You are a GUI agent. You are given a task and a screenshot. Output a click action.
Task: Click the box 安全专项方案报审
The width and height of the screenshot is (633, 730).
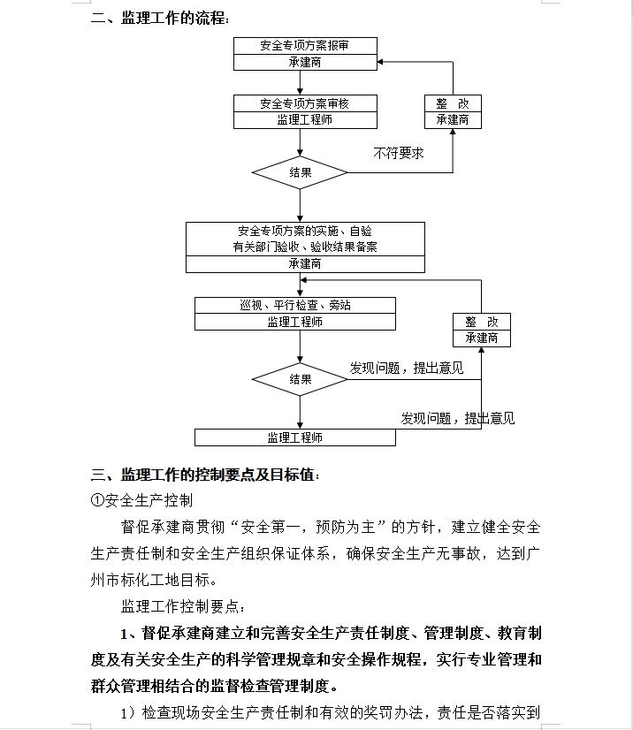coord(305,54)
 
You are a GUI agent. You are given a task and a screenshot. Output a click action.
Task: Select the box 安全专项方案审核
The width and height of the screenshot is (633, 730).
coord(305,111)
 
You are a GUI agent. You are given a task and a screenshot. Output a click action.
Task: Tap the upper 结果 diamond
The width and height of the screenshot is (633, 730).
coord(300,172)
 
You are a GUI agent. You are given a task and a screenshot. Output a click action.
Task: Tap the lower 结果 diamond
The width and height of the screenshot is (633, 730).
coord(300,379)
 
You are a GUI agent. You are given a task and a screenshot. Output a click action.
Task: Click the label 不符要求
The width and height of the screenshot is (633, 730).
coord(399,153)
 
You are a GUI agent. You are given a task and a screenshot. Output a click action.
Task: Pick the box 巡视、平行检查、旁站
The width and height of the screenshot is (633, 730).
coord(295,314)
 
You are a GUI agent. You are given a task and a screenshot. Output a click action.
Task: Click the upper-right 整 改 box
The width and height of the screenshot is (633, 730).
coord(453,111)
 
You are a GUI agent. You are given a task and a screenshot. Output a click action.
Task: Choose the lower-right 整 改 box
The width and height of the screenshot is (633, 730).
coord(482,330)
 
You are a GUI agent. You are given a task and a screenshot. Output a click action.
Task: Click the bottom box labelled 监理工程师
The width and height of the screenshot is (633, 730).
coord(295,437)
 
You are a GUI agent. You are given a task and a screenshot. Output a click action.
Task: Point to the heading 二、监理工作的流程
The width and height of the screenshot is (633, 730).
coord(160,19)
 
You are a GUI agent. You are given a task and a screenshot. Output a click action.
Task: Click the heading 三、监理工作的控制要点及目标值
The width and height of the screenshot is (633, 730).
coord(205,475)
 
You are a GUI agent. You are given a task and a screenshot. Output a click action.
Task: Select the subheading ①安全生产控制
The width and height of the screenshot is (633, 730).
coord(141,500)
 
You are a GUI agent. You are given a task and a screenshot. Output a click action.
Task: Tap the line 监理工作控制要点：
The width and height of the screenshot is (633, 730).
coord(183,606)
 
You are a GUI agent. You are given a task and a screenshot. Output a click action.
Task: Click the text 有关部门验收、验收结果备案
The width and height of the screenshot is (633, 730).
coord(305,247)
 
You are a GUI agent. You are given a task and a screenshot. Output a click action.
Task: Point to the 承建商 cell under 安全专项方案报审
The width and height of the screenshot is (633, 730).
coord(305,63)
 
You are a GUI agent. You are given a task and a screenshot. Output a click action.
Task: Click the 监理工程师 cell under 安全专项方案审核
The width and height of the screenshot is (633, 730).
coord(305,120)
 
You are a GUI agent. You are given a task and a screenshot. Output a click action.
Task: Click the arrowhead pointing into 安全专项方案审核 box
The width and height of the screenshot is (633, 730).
coord(300,92)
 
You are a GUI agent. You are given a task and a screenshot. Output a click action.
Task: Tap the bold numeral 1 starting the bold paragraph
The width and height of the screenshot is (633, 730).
coord(124,634)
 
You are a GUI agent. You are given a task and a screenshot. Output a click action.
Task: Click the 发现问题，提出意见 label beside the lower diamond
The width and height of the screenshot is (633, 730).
coord(407,369)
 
